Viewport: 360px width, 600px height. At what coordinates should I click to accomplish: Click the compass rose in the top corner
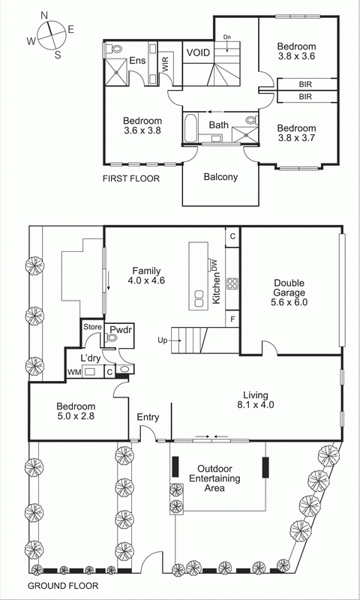point(50,34)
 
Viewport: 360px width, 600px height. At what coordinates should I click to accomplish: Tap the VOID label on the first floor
point(198,53)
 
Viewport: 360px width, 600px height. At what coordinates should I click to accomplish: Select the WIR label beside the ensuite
point(165,64)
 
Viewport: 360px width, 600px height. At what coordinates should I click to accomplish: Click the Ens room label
point(137,61)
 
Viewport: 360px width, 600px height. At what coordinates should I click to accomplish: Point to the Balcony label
point(220,178)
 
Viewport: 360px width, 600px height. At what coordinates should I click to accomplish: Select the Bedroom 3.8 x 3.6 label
point(296,49)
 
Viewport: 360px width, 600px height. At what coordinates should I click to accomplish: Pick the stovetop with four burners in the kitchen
point(232,284)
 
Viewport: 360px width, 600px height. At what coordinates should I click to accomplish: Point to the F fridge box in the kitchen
point(232,319)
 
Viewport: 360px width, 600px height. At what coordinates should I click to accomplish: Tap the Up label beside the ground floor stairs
point(161,340)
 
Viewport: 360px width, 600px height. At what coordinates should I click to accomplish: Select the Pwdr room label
point(120,329)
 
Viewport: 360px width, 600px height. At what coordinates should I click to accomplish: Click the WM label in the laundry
point(74,372)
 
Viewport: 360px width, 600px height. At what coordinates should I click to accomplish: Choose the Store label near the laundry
point(91,326)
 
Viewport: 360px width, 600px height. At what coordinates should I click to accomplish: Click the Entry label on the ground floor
point(147,418)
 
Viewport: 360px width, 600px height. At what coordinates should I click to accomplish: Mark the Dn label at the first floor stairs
point(226,37)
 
